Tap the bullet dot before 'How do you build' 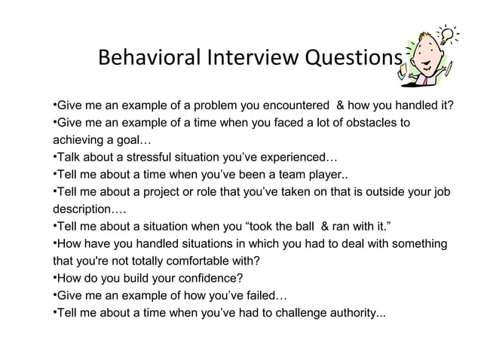pyautogui.click(x=54, y=278)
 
